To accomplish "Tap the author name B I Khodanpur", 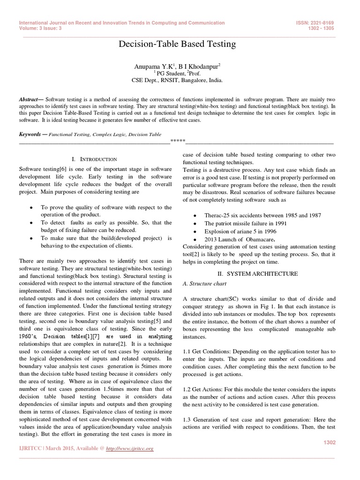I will click(198, 67).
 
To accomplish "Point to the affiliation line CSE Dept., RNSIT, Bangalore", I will click(176, 80).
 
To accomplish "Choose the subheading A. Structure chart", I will click(204, 284).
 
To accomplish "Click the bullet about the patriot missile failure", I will click(246, 224).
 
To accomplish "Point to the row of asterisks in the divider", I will click(178, 141).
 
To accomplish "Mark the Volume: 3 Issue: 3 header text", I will click(43, 28).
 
